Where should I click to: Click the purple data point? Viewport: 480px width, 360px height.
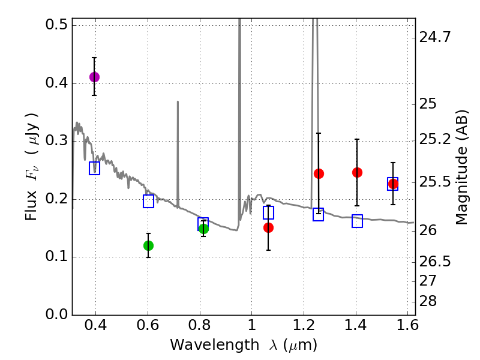tap(94, 77)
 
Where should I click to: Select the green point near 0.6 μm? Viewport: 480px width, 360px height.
tap(148, 245)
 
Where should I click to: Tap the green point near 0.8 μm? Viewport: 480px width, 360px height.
tap(203, 229)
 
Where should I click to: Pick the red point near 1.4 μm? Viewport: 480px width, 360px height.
tap(357, 173)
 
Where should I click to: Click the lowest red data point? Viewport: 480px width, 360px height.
tap(268, 227)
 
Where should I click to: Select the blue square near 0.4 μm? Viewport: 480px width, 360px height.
tap(94, 168)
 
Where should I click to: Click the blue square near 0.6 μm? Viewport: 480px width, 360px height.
tap(149, 202)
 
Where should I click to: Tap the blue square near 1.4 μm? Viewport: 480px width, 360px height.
tap(357, 221)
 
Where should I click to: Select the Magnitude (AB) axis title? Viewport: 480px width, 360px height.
tap(461, 167)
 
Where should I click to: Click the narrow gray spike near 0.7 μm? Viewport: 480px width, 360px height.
tap(178, 150)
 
